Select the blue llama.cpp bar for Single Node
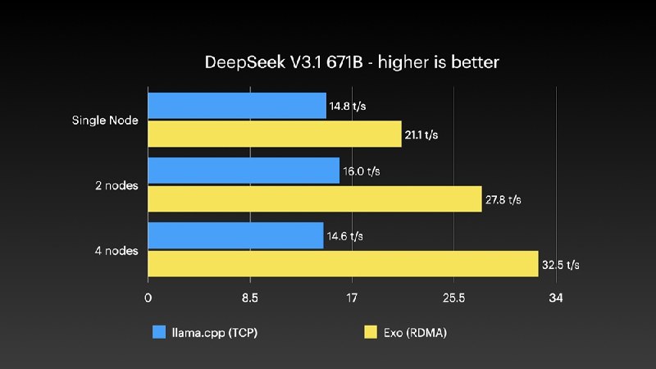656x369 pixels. [x=237, y=106]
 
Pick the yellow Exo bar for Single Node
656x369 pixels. [x=275, y=134]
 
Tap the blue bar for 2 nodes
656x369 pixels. [x=244, y=171]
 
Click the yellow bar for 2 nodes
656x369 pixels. [x=315, y=199]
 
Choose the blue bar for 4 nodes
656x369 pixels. [x=236, y=236]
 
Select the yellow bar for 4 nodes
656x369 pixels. [x=343, y=264]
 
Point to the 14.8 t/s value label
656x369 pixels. [x=348, y=106]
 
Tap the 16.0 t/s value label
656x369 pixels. [x=361, y=171]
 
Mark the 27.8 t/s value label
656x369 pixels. [x=503, y=199]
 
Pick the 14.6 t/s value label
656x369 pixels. [x=345, y=236]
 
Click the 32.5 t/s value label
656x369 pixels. [x=561, y=265]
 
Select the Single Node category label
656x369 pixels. [x=104, y=121]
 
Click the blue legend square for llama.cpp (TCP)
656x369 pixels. [x=160, y=332]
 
